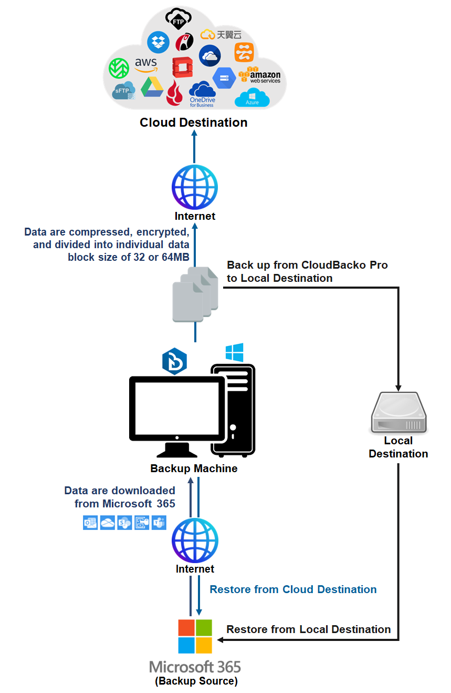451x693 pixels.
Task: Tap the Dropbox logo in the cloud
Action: coord(158,42)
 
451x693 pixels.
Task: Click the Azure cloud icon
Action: coord(252,97)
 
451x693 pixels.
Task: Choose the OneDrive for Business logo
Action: coord(202,94)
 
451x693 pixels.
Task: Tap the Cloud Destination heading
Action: coord(193,123)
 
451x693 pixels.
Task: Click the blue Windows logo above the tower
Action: coord(234,352)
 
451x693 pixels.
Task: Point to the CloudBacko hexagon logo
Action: coord(174,361)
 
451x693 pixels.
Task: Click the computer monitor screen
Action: coord(177,408)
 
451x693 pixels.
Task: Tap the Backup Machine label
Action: coord(194,468)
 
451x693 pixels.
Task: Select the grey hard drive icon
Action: coord(398,413)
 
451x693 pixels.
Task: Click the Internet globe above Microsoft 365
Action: coord(195,541)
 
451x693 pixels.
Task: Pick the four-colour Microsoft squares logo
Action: coord(195,636)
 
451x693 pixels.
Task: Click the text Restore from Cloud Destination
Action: coord(293,589)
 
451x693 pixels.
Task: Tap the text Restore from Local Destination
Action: coord(308,629)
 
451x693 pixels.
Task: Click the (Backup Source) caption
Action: coord(196,681)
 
